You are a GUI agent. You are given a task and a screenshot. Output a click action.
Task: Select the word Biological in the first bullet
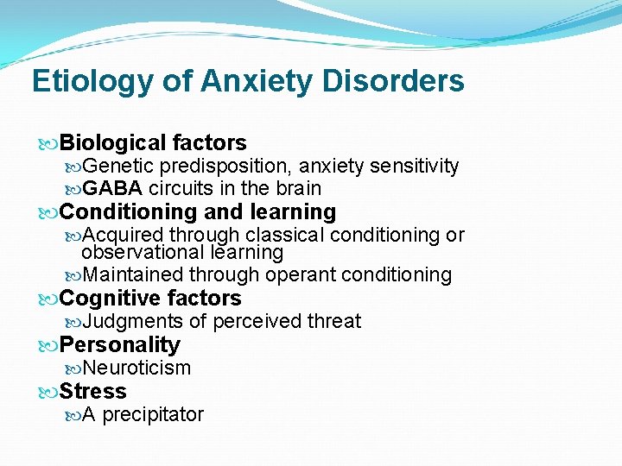113,143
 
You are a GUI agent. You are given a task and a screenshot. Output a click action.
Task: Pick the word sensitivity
414,166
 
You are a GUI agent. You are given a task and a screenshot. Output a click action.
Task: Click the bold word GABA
112,188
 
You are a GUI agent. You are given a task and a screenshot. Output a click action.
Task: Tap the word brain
298,188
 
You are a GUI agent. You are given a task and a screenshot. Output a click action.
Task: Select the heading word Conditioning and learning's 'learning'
293,212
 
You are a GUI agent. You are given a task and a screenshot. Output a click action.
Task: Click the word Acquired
123,235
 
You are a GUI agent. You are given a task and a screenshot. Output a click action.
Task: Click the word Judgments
133,322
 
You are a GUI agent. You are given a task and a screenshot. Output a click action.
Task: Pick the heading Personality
120,345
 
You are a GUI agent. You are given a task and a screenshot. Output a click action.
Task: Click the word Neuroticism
136,368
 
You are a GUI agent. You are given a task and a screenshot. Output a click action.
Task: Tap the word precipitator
153,415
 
